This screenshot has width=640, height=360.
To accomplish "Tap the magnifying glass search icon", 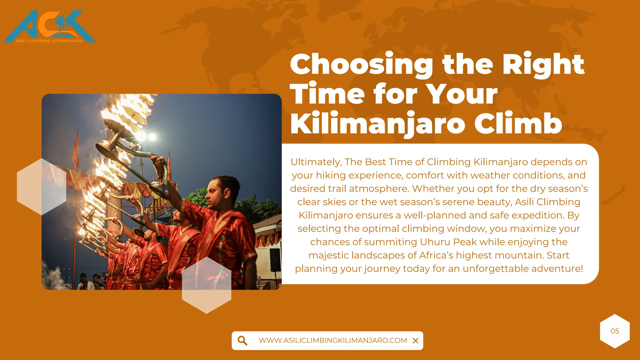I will click(242, 341).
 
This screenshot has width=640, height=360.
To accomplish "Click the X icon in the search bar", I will click(415, 341).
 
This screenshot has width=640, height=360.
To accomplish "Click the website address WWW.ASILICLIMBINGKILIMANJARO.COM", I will click(333, 341).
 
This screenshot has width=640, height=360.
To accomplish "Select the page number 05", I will click(615, 331).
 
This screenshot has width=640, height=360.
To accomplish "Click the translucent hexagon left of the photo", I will click(42, 187).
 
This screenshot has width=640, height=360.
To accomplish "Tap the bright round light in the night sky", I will click(152, 137).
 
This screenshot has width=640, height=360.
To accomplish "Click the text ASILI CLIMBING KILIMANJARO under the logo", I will click(49, 41).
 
